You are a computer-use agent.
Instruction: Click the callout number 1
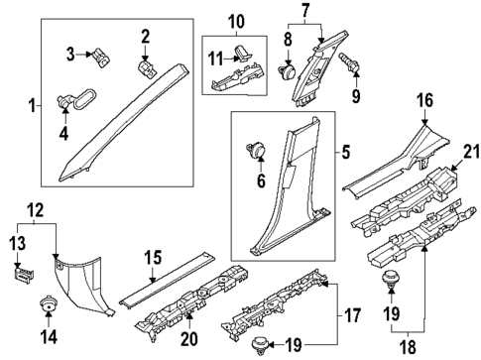32,105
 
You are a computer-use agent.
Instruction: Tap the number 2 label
145,38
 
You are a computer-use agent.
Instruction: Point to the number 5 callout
346,154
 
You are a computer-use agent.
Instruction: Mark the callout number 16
424,100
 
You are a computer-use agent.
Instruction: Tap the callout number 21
468,150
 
